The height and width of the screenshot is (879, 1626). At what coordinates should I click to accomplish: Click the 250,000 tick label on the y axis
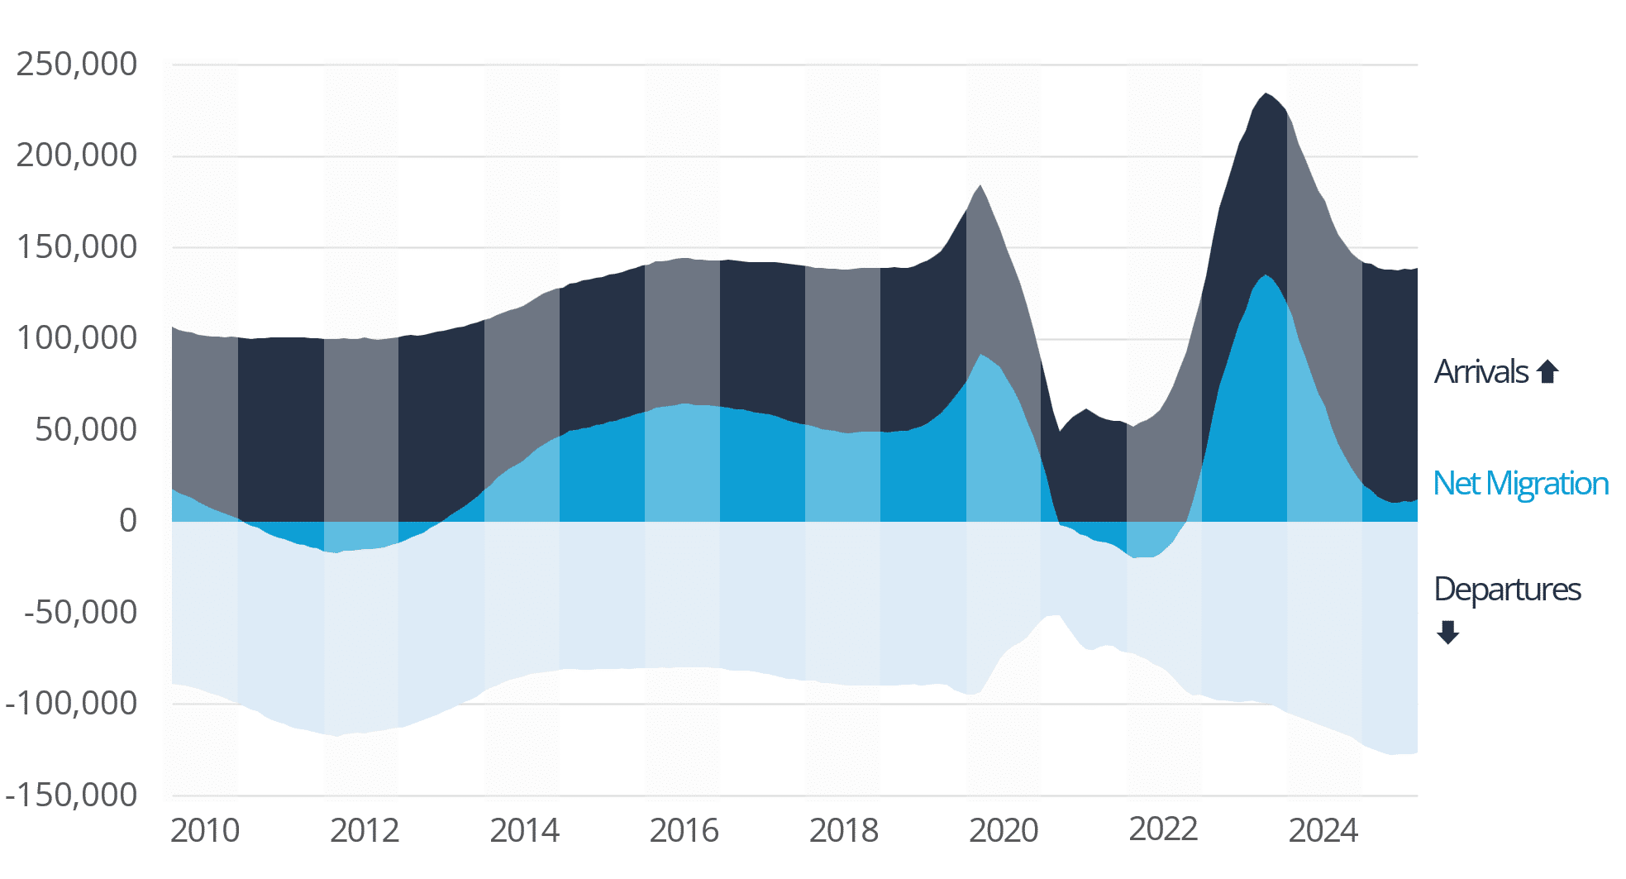77,64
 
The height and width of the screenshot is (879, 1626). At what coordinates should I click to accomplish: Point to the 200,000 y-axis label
77,155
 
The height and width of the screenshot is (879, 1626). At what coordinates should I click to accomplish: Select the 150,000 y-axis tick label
77,247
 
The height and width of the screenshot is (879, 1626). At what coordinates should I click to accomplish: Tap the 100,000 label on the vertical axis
77,338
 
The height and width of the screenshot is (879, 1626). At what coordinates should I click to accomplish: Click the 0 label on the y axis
128,521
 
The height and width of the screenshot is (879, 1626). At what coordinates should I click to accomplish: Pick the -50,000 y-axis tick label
81,613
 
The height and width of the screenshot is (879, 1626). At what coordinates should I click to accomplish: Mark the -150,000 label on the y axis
71,795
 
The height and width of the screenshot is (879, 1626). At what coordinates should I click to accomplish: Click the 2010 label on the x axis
205,831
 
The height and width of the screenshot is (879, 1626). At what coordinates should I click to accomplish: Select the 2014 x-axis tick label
524,831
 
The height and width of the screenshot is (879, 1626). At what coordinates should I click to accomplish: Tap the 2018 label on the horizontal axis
844,831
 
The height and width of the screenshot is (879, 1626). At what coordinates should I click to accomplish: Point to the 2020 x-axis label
1004,831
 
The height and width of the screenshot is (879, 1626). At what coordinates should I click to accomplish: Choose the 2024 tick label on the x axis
1323,831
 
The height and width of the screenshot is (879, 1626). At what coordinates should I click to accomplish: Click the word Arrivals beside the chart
1481,372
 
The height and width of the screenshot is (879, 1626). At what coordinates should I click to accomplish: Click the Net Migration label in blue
1520,484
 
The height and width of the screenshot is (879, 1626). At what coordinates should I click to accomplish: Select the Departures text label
1507,590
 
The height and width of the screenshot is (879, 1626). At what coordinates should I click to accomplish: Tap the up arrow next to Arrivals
1547,372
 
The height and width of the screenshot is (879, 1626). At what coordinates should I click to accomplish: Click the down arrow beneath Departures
1447,633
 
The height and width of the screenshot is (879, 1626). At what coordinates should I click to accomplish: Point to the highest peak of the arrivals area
1266,94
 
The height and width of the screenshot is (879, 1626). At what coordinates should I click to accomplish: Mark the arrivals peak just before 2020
980,186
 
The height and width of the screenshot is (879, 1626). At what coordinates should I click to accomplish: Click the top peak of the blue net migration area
1266,276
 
